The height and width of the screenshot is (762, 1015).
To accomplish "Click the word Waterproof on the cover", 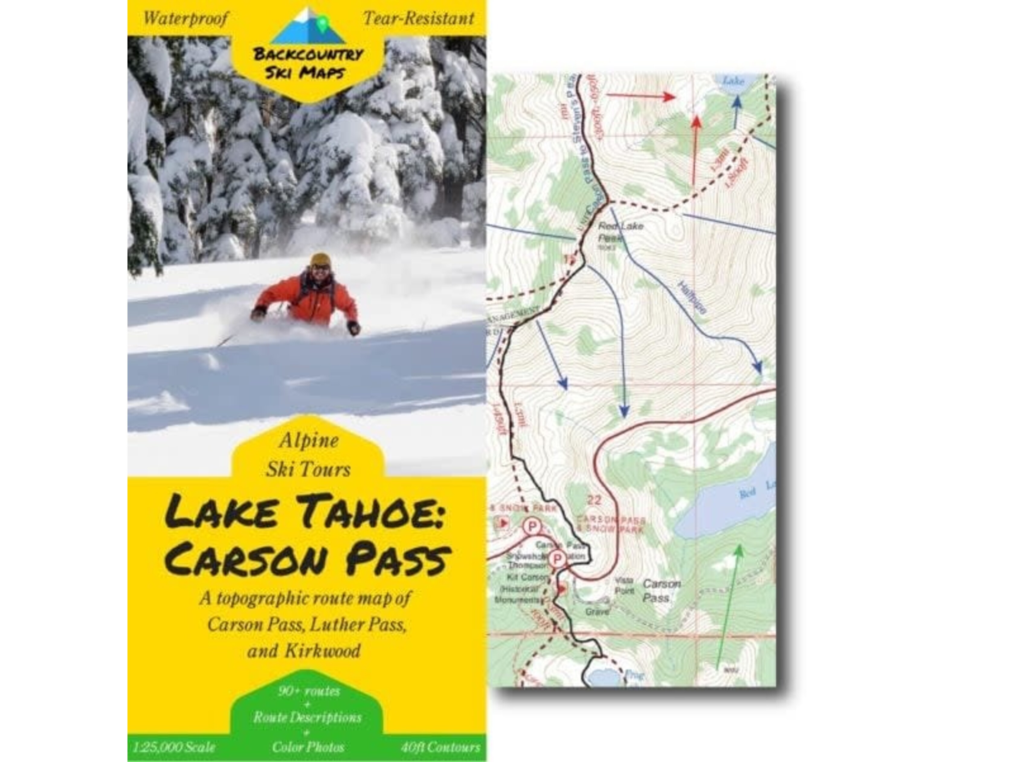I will [x=185, y=19].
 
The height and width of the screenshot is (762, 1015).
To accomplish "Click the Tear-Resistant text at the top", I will [x=418, y=19].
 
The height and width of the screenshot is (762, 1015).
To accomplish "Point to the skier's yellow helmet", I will [x=320, y=259].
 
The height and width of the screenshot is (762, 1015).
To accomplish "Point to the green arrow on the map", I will [x=728, y=606].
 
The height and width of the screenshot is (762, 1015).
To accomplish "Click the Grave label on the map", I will [x=597, y=612].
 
